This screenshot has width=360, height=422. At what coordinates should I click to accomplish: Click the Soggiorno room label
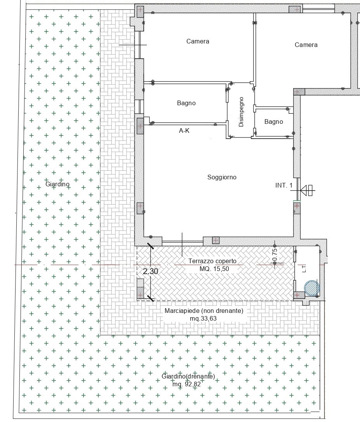coord(222,177)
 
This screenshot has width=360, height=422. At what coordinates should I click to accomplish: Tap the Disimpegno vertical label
coord(241,112)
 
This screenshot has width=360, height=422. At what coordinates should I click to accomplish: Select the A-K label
coord(184,130)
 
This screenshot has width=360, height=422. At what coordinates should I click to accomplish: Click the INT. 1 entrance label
coord(284,185)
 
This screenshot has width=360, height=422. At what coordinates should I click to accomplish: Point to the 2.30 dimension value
coord(151,271)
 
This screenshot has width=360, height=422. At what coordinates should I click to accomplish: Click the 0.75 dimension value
coord(275,255)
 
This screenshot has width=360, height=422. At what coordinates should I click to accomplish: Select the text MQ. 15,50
coord(214,269)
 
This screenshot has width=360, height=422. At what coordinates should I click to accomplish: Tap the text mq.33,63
coord(203,319)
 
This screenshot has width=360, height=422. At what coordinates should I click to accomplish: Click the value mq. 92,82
coord(186,384)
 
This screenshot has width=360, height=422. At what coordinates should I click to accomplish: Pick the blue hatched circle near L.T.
coord(312,288)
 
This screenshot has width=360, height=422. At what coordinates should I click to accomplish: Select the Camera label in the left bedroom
coord(198,41)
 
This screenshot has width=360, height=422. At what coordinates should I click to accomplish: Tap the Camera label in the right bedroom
coord(306,45)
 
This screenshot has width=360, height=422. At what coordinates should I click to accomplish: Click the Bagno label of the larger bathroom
coord(186,103)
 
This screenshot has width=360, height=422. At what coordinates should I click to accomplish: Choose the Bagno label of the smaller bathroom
coord(273,122)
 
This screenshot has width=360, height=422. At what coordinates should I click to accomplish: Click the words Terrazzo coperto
coord(212,261)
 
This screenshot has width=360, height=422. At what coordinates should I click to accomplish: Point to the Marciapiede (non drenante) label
coord(204,311)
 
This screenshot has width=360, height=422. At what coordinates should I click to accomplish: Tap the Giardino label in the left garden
coord(57,184)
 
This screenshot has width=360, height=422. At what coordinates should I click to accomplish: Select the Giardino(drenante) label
coord(188,376)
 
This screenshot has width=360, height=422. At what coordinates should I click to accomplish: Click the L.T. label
coord(304,268)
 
